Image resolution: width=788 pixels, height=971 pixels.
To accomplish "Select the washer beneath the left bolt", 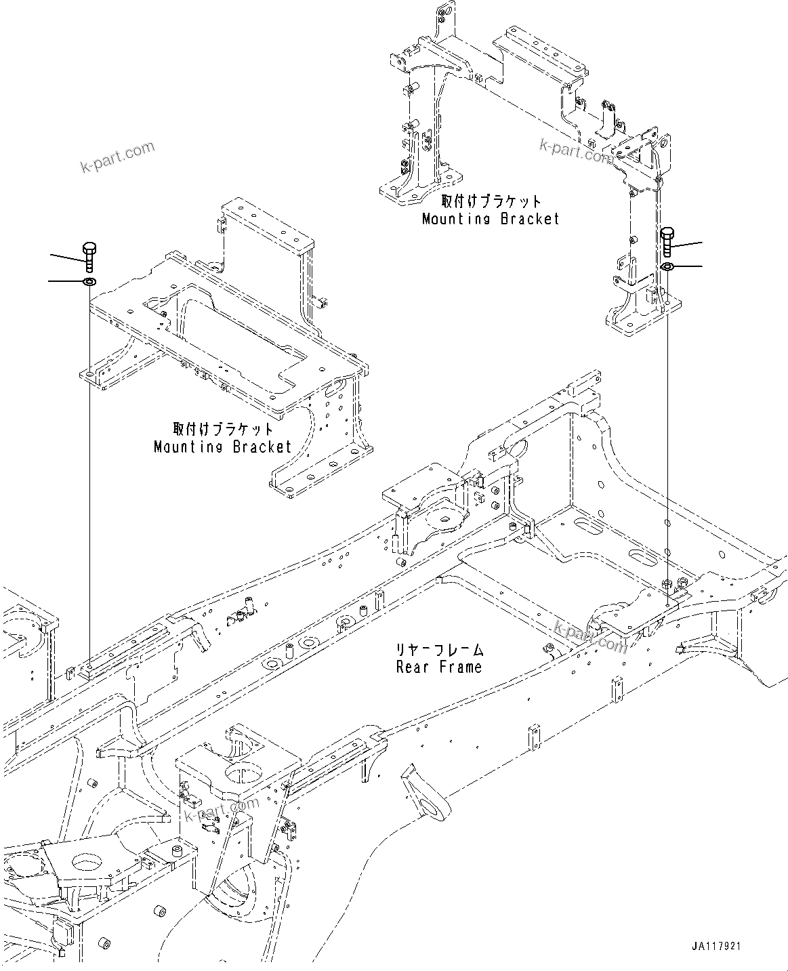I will [89, 281].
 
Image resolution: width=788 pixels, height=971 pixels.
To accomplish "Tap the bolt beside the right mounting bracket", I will [667, 243].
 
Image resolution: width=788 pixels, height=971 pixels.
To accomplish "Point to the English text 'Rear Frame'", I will [439, 667].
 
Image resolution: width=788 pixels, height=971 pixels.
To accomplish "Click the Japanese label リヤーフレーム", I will [440, 650].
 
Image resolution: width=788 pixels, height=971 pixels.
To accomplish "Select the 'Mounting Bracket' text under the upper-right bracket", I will [491, 219].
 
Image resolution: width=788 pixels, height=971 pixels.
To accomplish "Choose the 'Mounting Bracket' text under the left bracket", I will [223, 447].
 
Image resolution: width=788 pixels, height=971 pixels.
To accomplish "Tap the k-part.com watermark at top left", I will [117, 157].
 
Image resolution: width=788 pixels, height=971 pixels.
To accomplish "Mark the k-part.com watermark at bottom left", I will [221, 810].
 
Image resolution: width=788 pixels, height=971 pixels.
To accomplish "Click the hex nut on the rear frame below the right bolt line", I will [666, 583].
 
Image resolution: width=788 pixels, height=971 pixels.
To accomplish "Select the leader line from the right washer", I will [688, 266].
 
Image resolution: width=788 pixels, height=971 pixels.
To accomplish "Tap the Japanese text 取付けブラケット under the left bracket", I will [223, 429].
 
